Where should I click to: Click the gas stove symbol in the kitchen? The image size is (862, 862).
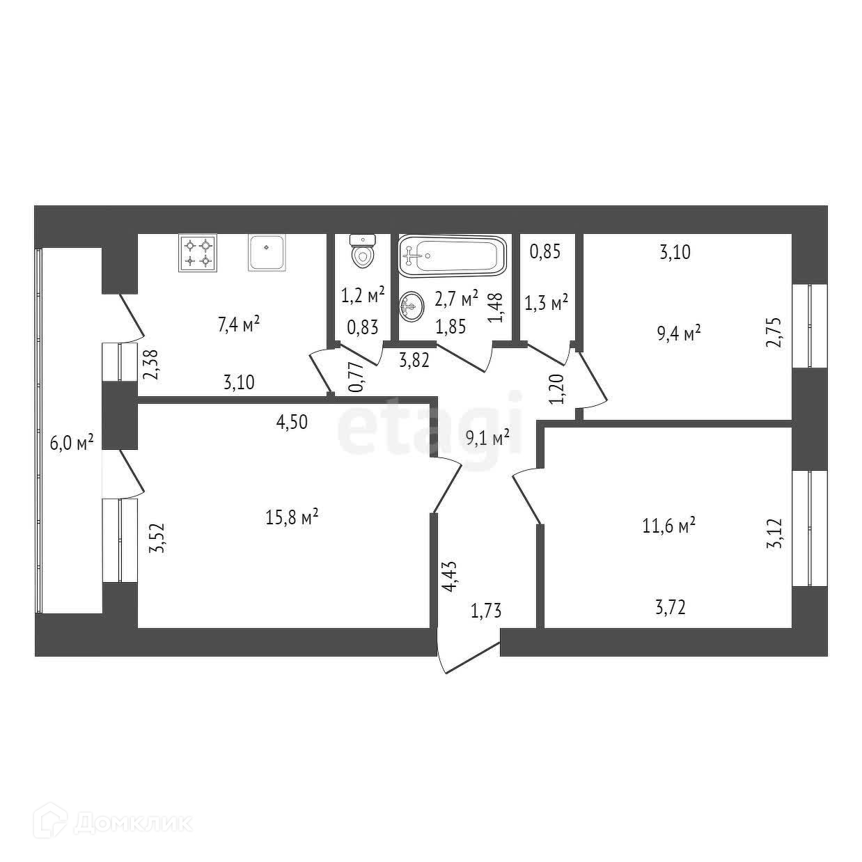point(198,253)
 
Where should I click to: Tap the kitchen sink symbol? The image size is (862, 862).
point(266,253)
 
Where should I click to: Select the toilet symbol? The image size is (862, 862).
point(362,251)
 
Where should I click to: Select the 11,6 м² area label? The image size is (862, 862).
point(668,526)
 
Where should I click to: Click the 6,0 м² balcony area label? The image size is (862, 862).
point(72,442)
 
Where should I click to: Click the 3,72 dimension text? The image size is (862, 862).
point(671,609)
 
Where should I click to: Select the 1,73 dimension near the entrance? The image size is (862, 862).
point(486,612)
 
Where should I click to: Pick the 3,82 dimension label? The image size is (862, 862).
point(414,359)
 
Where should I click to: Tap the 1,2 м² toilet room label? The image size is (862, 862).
point(363,296)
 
